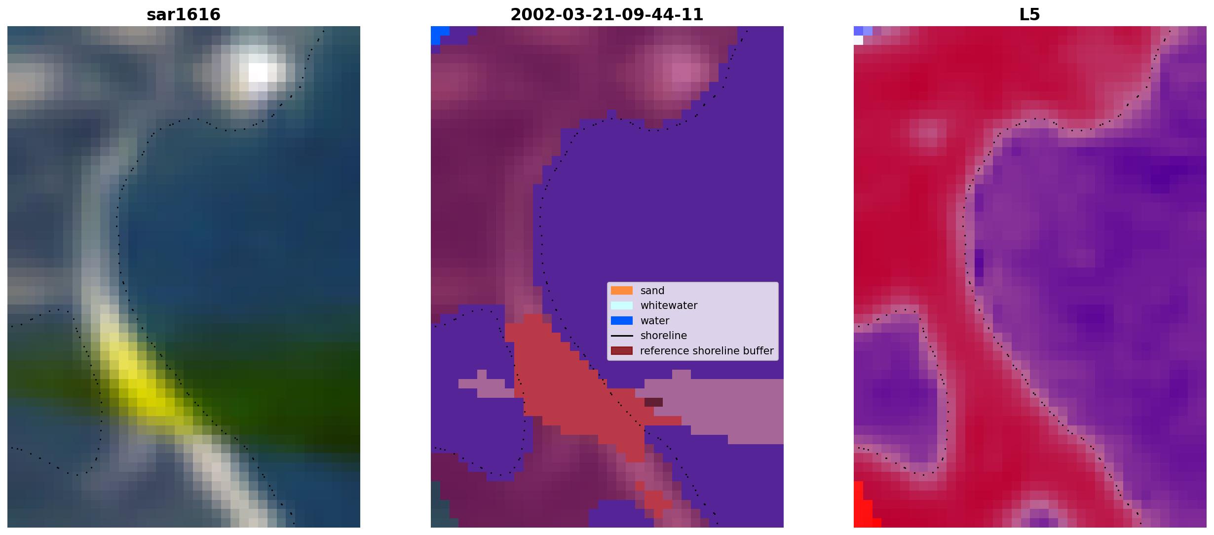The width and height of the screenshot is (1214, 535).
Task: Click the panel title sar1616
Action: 183,14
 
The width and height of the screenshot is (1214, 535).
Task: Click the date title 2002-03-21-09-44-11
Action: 607,14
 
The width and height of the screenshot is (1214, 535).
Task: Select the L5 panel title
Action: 1029,14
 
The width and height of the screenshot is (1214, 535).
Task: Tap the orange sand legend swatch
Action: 621,290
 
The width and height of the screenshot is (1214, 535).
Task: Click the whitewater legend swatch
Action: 621,306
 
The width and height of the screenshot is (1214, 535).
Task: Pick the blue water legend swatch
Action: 621,320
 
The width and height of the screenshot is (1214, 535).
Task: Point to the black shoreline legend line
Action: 621,336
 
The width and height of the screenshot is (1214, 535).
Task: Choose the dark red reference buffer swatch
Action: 621,350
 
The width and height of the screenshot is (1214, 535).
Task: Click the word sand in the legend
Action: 652,291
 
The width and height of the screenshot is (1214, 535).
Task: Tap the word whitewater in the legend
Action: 669,306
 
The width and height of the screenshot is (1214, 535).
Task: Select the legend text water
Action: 654,321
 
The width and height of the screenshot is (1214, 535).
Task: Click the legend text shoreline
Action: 663,336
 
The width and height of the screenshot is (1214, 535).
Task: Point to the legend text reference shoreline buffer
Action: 707,351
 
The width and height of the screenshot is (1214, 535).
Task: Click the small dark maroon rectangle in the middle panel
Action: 653,402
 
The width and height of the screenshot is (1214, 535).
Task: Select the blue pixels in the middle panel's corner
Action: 438,35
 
